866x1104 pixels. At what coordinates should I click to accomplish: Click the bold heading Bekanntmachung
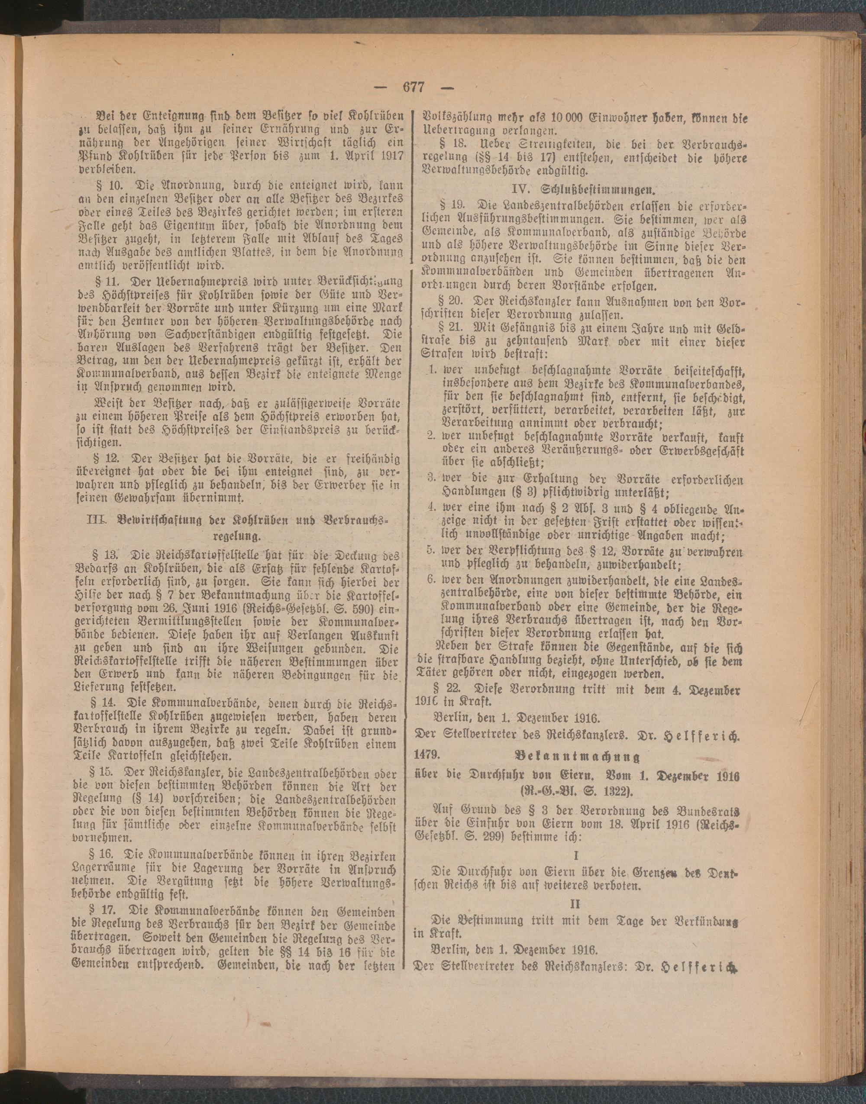pyautogui.click(x=577, y=756)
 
